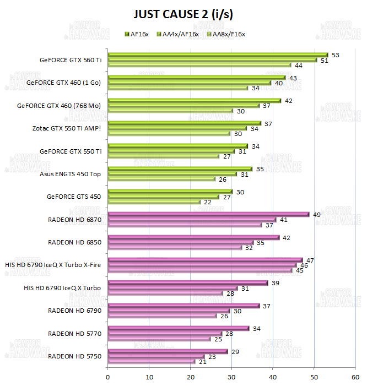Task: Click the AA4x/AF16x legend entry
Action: pos(177,34)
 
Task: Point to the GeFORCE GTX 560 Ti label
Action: pos(70,60)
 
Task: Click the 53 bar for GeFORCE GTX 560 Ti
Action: pos(217,55)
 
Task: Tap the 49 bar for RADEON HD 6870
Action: pos(208,214)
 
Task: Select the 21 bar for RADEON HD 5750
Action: pos(152,361)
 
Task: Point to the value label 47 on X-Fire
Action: pos(310,259)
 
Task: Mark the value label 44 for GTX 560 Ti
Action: pos(298,66)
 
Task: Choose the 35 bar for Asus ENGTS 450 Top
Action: pos(180,168)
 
